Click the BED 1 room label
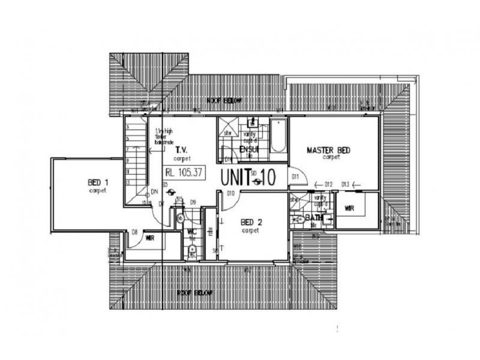tap(98, 183)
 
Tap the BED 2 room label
tap(250, 222)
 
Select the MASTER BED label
tap(328, 150)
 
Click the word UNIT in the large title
tap(237, 178)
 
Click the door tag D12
tap(328, 184)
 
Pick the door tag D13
tap(345, 184)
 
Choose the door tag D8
tap(135, 232)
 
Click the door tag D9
tap(193, 202)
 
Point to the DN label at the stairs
tap(154, 191)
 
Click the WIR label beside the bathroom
tap(350, 208)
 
